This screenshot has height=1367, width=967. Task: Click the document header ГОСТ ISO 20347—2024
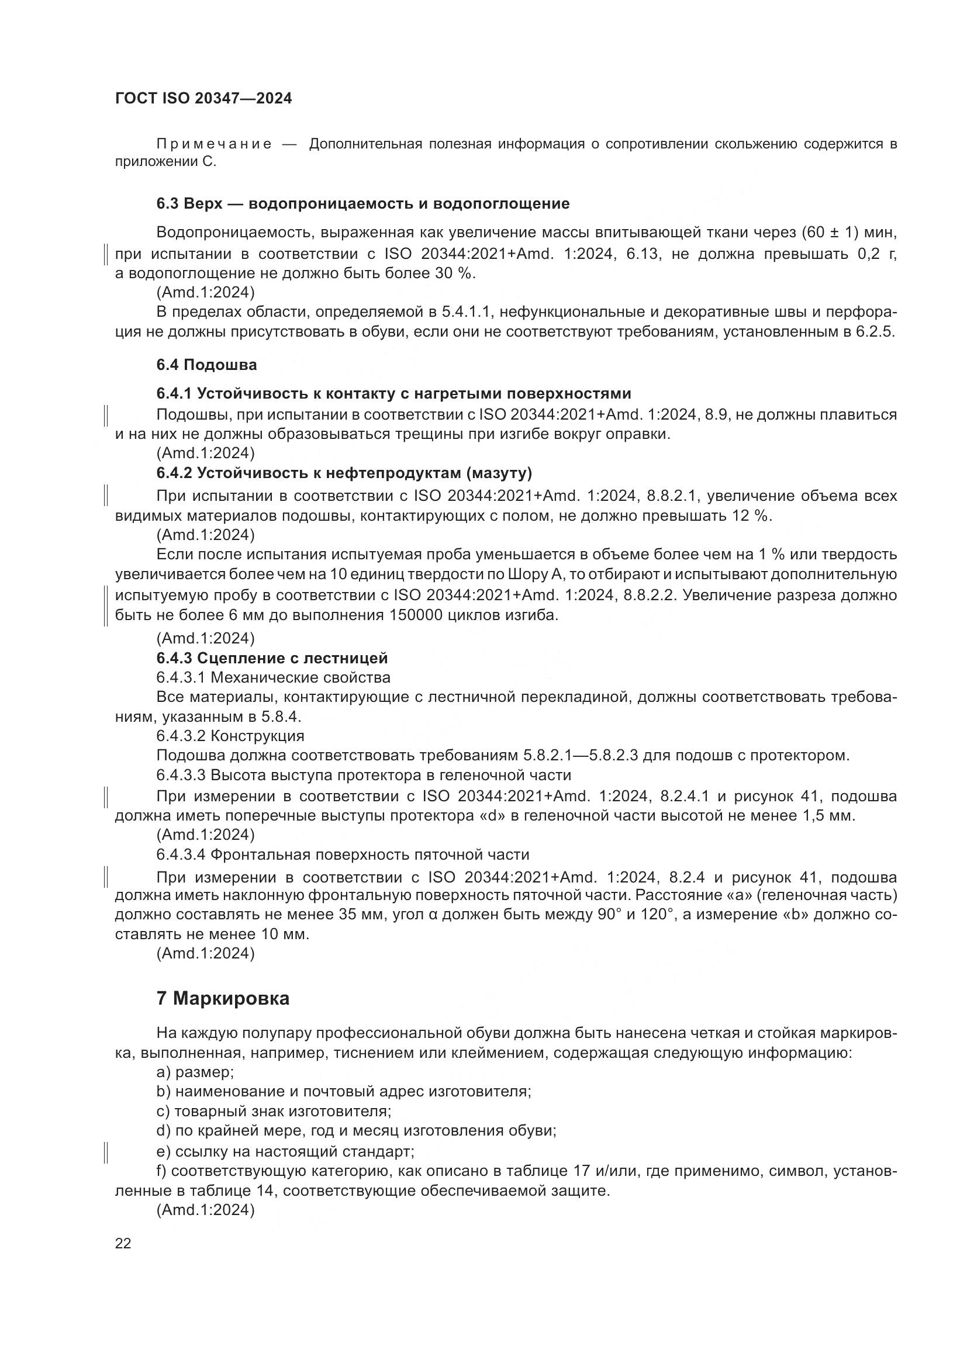tap(203, 99)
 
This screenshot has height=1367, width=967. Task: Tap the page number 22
tap(123, 1243)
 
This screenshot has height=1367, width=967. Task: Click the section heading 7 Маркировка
tap(223, 998)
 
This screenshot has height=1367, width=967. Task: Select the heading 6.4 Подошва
tap(206, 365)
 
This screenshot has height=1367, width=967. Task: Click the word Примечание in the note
tap(214, 144)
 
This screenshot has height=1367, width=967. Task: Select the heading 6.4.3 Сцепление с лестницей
tap(272, 658)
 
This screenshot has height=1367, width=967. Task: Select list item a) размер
tap(195, 1072)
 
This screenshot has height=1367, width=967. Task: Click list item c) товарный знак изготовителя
tap(274, 1111)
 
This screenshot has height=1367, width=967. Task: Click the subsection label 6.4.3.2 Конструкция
tap(230, 736)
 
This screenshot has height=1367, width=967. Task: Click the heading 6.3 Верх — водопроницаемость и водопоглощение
tap(363, 204)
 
